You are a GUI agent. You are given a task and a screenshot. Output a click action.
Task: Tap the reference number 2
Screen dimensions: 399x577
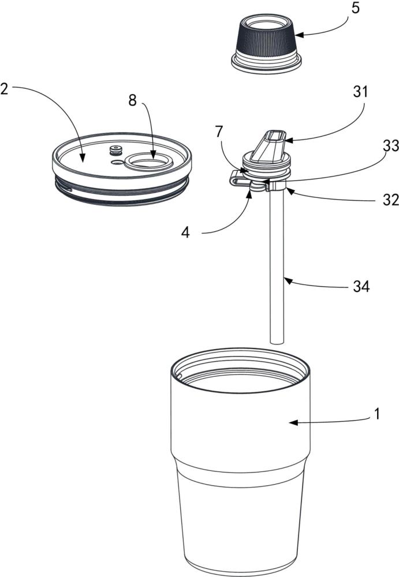(x=4, y=89)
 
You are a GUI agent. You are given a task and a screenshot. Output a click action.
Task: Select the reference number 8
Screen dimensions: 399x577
(x=132, y=100)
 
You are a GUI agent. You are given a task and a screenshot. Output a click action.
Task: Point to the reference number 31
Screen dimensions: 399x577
(x=360, y=92)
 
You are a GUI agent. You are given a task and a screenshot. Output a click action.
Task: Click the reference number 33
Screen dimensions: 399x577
(x=391, y=146)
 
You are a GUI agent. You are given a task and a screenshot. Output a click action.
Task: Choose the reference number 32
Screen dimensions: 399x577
(x=391, y=200)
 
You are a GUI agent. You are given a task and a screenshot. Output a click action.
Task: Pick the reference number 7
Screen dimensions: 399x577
(x=219, y=132)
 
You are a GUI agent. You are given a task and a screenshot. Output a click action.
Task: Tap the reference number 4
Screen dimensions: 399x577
(x=186, y=232)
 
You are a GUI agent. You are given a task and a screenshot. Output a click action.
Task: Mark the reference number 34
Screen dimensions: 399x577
(x=361, y=286)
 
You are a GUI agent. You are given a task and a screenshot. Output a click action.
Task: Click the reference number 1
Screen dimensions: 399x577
(x=376, y=414)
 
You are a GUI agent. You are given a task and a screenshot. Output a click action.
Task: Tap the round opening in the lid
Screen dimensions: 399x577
(x=148, y=162)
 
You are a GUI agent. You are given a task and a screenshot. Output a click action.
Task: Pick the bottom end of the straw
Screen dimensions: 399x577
(x=277, y=342)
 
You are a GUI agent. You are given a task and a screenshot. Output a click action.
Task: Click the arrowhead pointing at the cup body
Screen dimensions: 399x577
(x=293, y=423)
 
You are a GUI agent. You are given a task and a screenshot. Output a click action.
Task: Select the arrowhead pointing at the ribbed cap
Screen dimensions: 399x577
(x=299, y=35)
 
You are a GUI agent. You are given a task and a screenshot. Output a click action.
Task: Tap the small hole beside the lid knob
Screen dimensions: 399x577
(x=117, y=162)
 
